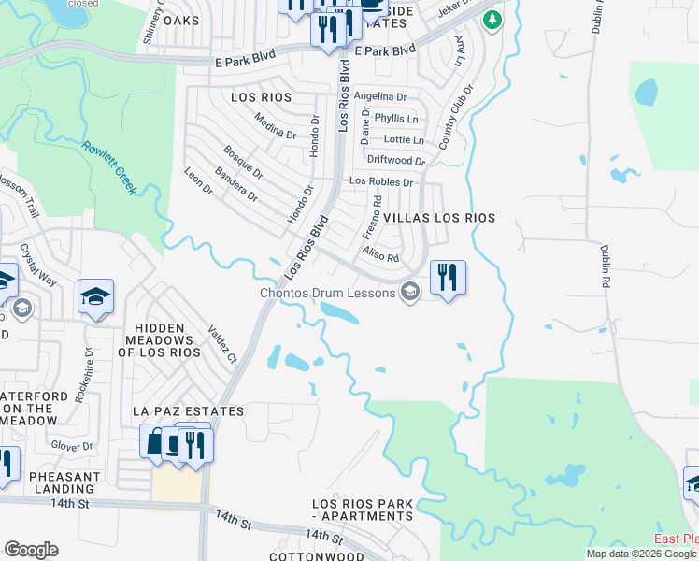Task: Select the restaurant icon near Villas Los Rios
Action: (x=448, y=278)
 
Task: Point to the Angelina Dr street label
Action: (x=380, y=96)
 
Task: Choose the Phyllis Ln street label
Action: (x=395, y=119)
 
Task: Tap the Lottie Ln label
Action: (x=404, y=140)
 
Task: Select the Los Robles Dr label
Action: (x=380, y=182)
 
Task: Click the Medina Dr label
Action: (x=276, y=124)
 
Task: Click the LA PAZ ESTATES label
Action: (x=188, y=411)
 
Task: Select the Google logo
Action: (x=31, y=549)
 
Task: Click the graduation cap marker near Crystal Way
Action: (x=95, y=296)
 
